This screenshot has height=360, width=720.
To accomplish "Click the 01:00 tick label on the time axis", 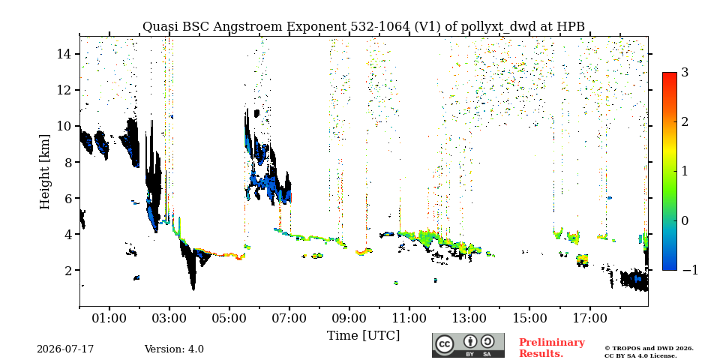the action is (109, 318).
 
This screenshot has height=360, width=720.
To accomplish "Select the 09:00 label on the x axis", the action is (349, 318).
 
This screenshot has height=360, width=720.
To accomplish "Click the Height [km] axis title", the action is (44, 172).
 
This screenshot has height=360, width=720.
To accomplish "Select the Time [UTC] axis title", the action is (363, 336).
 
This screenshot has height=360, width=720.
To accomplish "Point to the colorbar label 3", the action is (685, 73).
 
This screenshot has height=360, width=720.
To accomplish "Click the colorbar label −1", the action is (690, 270).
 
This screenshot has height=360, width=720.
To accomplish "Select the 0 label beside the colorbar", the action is (685, 220).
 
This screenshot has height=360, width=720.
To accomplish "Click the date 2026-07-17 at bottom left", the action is (65, 349).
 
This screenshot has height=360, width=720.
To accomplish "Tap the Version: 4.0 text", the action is (174, 349).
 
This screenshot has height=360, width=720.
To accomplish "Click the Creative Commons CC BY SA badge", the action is (468, 345).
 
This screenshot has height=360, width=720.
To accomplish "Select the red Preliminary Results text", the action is (552, 348).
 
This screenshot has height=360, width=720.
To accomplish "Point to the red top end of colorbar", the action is (670, 73).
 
